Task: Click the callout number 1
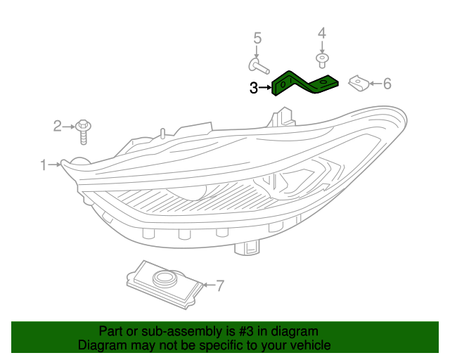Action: tap(44, 165)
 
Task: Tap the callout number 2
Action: tap(58, 127)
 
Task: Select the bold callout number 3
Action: tap(254, 88)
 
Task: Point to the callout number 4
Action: tap(323, 33)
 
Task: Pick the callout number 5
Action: tap(257, 38)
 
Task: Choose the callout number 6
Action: tap(386, 84)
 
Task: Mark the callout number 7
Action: tap(219, 285)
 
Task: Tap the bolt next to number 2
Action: tap(84, 129)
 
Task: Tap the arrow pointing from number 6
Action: tap(373, 84)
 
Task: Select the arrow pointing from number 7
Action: tap(207, 285)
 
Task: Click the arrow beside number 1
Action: tap(54, 165)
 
